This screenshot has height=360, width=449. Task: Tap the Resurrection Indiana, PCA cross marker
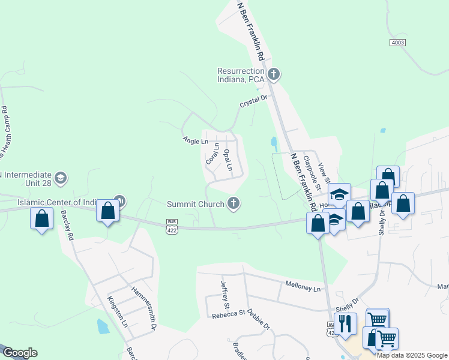pos(274,74)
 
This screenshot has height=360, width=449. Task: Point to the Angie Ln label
pos(195,140)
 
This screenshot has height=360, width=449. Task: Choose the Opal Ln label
pos(228,160)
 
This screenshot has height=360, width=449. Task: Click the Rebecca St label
pos(229,312)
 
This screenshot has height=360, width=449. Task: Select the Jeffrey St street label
pos(224,292)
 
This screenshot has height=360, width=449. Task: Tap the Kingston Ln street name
pos(118,311)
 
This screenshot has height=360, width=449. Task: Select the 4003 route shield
pos(397,42)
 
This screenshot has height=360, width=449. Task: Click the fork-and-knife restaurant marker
pos(345,324)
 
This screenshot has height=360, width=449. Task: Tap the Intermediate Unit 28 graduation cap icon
pos(60,178)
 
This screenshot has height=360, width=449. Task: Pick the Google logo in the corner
pos(20,353)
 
